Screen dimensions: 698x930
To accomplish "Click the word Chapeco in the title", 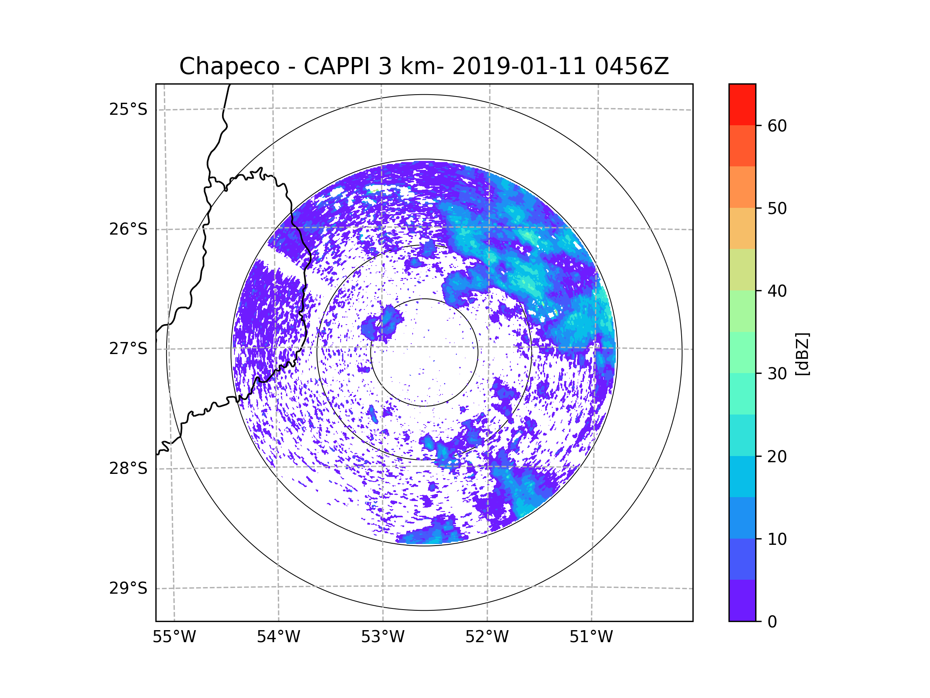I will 229,66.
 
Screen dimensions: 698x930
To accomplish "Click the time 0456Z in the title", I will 631,66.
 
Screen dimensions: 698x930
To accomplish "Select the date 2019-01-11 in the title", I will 519,66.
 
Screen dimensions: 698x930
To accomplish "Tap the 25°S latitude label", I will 128,109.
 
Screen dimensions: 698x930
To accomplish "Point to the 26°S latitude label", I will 128,229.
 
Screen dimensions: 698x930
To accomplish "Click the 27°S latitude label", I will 128,349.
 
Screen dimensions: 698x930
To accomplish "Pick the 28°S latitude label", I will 128,468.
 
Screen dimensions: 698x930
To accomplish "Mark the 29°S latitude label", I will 128,588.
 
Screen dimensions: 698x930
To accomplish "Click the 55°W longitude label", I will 174,637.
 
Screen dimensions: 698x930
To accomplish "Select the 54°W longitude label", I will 278,637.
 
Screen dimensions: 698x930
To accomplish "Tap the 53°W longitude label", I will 382,637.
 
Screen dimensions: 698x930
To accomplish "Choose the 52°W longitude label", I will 487,637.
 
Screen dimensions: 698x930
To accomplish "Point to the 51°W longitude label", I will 591,637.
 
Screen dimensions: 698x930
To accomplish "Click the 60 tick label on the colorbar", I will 777,126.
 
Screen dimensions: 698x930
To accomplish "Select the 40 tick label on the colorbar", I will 777,291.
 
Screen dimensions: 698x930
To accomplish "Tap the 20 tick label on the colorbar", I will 777,456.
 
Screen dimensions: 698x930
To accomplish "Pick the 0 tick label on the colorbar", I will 772,622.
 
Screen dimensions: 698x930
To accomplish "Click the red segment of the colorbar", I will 742,104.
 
